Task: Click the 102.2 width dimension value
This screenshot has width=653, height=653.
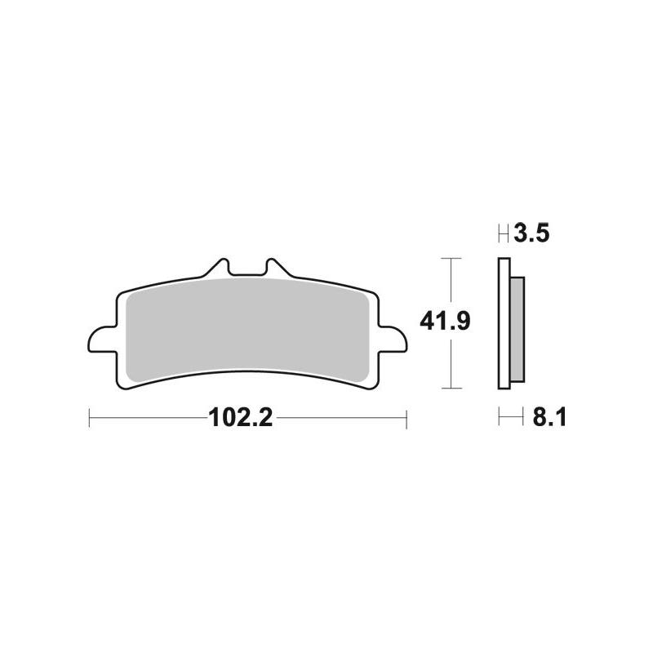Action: pos(240,420)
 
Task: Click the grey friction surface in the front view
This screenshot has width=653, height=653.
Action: pos(245,326)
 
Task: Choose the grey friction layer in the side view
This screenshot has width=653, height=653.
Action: pos(518,326)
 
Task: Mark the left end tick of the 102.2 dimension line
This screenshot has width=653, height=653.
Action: pos(88,420)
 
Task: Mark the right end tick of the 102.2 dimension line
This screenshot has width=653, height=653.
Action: pos(406,420)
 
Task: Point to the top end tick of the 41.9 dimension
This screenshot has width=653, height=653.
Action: pos(451,259)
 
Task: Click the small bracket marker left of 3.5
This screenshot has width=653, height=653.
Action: pos(503,235)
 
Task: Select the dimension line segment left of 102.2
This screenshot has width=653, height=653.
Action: pos(147,420)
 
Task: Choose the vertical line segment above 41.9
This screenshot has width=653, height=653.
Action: pos(451,282)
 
